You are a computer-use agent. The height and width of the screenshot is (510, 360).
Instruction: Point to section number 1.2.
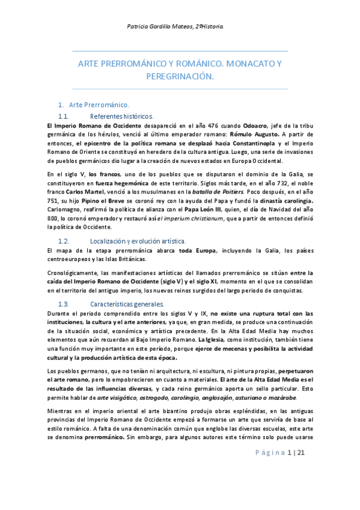pos(64,241)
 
